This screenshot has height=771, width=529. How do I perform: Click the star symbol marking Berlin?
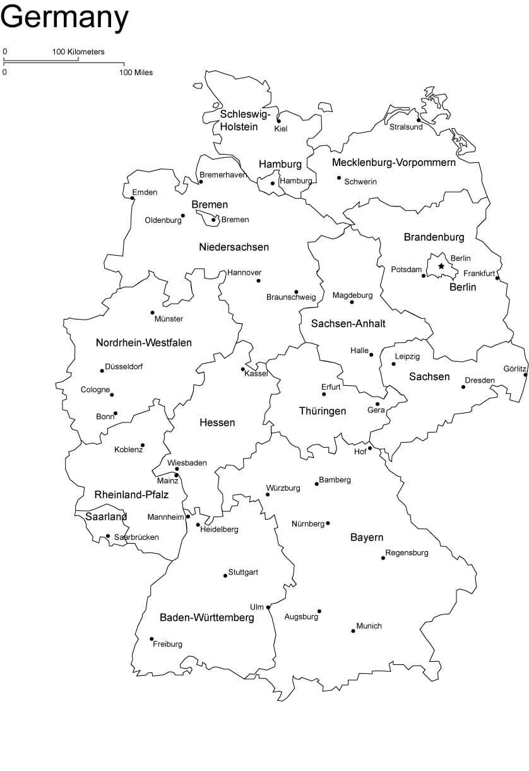[x=441, y=266]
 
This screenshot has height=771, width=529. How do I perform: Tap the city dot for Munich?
[x=354, y=631]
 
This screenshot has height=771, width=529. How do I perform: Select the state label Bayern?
[x=367, y=537]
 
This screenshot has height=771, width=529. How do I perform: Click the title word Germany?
[x=64, y=17]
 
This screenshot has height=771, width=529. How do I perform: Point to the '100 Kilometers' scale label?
[x=78, y=52]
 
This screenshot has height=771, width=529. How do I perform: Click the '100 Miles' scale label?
[x=136, y=73]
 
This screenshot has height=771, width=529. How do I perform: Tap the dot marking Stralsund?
[x=419, y=120]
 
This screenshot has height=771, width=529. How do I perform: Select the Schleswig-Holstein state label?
[x=245, y=120]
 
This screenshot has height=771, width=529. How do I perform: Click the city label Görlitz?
[x=515, y=368]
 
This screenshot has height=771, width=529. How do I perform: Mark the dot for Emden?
[x=133, y=198]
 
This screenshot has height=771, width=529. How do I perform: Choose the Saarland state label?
[x=106, y=517]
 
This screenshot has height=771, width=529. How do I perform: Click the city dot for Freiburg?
[x=152, y=639]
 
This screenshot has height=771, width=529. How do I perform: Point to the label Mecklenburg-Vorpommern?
[x=394, y=163]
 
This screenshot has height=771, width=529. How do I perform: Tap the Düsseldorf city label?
[x=124, y=366]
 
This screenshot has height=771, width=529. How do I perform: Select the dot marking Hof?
[x=371, y=448]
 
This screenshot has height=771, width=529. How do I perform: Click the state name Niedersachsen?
[x=234, y=247]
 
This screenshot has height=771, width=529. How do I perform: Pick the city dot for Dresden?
[x=463, y=387]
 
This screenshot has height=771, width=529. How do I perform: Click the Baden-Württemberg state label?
[x=207, y=618]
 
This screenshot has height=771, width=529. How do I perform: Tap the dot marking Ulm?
[x=268, y=607]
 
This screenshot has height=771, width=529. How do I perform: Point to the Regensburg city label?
[x=407, y=553]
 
